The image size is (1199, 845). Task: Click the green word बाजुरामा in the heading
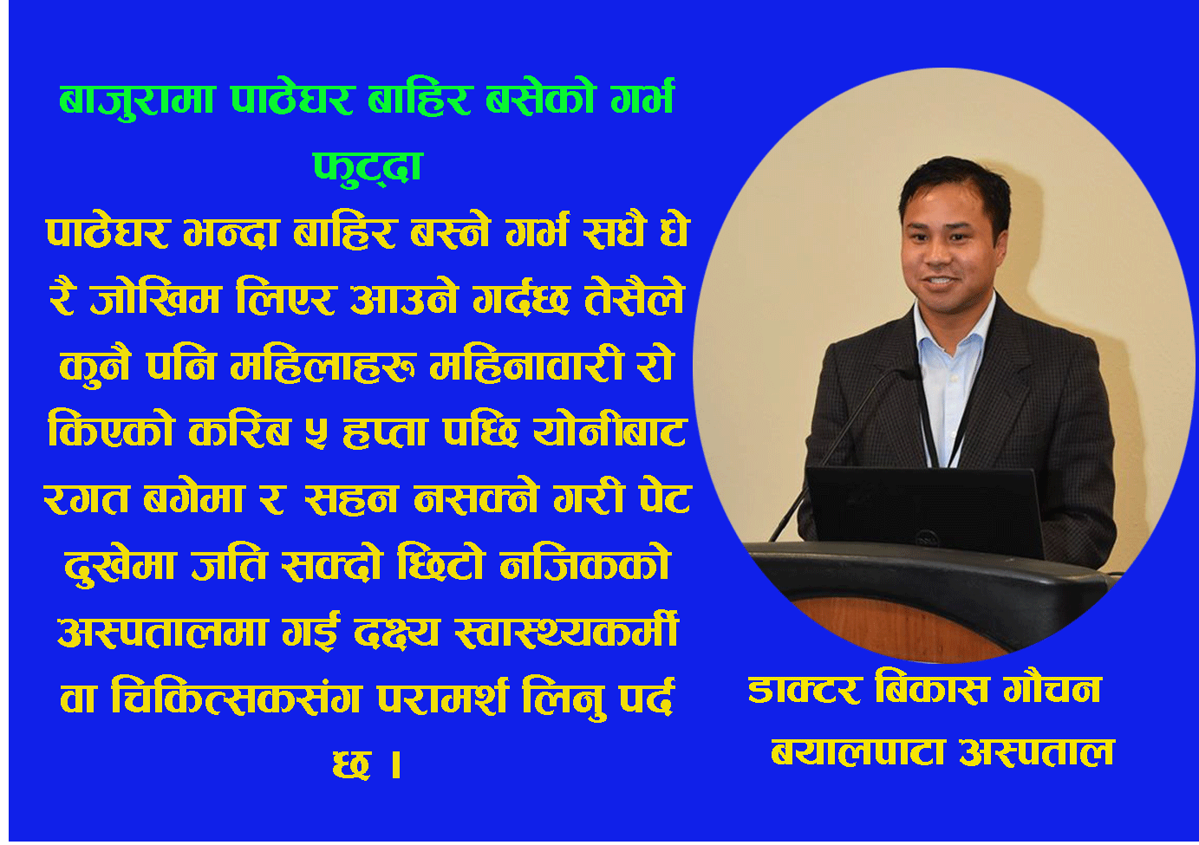coord(137,101)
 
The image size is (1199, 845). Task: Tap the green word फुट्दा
coord(368,168)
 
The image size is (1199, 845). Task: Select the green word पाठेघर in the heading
coord(292,100)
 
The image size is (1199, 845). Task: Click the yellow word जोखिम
coord(155,297)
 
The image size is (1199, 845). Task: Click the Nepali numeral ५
coord(316,432)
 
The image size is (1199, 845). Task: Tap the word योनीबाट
coord(609,429)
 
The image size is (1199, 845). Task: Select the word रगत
coord(87,498)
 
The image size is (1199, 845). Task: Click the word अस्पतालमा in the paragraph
coord(161,633)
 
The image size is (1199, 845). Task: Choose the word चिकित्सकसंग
coord(237,698)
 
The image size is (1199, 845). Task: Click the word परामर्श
coord(443,698)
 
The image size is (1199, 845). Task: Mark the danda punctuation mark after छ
coord(396,764)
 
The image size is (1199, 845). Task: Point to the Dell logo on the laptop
coord(925,538)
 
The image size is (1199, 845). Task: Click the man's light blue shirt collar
coord(953,327)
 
